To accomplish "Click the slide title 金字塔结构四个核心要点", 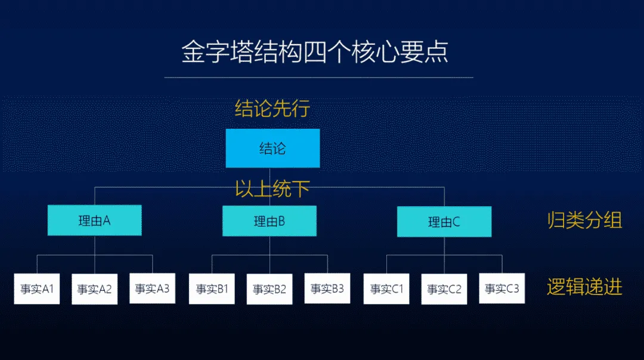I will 315,52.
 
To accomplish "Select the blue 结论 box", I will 273,148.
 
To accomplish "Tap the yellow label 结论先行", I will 272,108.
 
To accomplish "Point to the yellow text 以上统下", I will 272,190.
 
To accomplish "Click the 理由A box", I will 95,221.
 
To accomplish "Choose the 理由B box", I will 270,221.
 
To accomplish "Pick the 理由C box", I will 444,222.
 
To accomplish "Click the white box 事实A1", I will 37,289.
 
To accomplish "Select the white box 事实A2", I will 94,289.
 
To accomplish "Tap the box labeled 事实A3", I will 152,288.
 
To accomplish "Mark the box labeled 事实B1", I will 212,289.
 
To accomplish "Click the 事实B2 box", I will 270,289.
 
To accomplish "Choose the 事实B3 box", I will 327,289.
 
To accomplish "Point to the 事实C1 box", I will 386,289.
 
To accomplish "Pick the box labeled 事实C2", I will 444,289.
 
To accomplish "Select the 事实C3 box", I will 502,288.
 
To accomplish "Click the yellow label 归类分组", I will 584,221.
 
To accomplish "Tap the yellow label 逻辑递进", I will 584,288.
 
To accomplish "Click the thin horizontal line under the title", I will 318,77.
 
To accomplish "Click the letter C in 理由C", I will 456,222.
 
